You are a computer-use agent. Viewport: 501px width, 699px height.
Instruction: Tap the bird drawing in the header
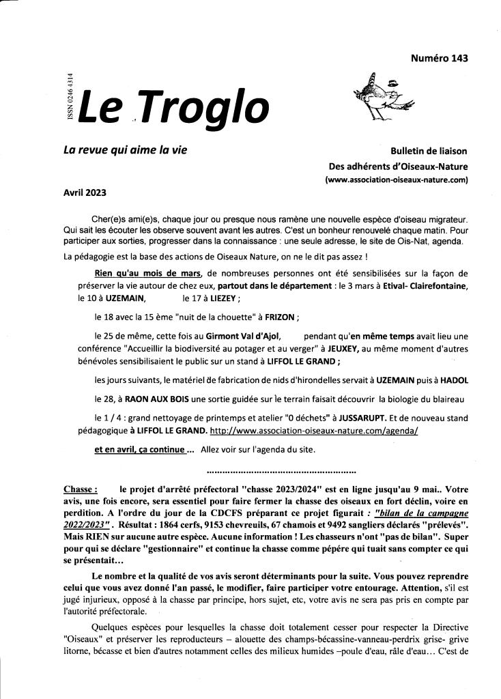384,98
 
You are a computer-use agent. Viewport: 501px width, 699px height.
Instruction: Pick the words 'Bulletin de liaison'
429,151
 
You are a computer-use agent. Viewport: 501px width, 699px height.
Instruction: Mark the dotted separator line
281,472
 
